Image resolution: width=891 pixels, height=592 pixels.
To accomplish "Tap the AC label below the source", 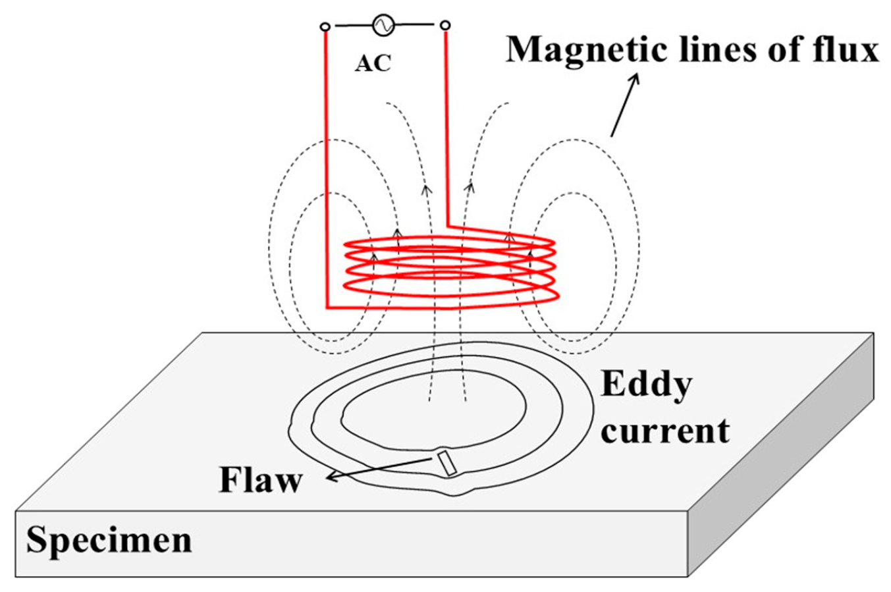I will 373,63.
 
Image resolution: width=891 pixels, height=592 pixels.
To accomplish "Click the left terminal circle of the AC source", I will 325,27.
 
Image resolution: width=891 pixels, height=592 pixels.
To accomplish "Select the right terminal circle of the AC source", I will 445,26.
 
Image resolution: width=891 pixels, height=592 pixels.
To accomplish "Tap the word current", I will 664,431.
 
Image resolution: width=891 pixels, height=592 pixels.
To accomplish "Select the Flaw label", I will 261,480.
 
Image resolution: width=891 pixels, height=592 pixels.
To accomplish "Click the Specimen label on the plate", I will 109,541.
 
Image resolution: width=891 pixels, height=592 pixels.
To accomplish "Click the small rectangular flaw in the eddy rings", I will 448,463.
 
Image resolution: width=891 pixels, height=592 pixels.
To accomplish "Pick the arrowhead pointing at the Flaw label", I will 331,477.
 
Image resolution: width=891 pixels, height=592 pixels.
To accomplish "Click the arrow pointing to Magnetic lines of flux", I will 624,105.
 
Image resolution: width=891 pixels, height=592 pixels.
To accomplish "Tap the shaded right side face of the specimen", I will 784,474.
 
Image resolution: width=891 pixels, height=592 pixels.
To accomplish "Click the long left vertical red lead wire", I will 326,165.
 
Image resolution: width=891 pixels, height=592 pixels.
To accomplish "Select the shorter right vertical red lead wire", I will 447,125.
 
